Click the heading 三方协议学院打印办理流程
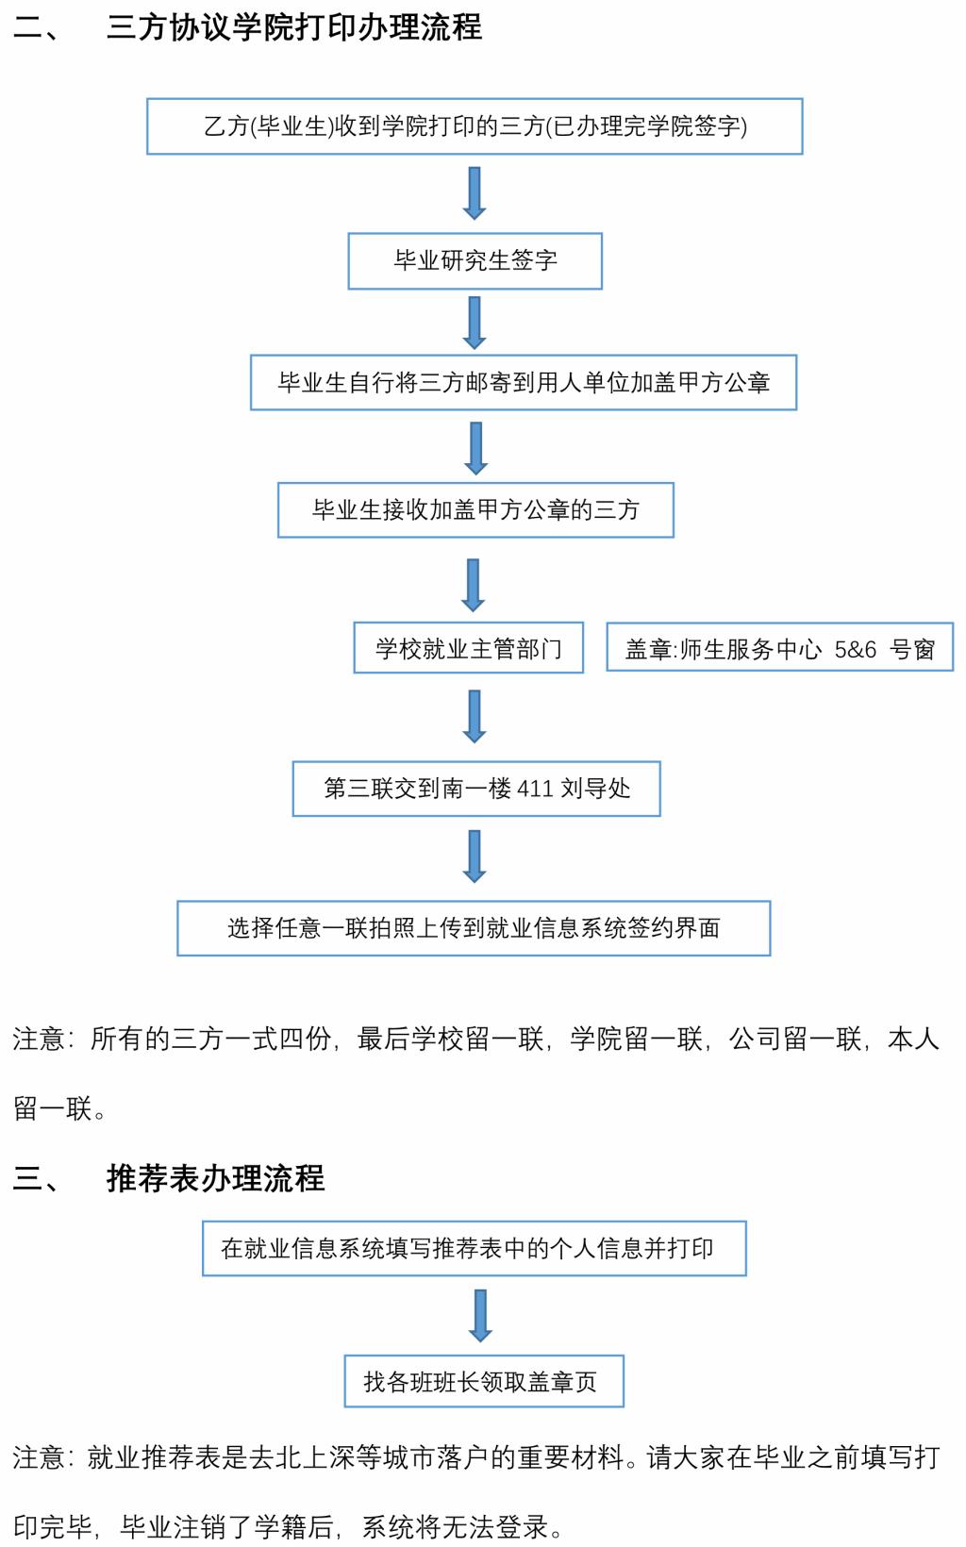tap(293, 27)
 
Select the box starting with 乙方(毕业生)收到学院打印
tap(475, 126)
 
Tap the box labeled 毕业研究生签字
tap(475, 261)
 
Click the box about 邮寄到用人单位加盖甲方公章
tap(524, 383)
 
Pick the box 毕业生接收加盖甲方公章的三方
tap(475, 510)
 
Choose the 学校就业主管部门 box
tap(468, 648)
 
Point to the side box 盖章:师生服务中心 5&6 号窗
tap(779, 648)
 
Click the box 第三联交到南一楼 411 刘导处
tap(476, 789)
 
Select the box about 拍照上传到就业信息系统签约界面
tap(474, 928)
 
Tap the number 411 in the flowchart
tap(535, 789)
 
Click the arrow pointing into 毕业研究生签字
tap(475, 193)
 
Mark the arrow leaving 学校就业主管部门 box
tap(475, 716)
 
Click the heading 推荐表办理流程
tap(215, 1178)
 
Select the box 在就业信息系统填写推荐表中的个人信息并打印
tap(474, 1249)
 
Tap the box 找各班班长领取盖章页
tap(484, 1382)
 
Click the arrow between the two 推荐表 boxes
tap(480, 1315)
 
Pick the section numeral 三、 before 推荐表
tap(36, 1178)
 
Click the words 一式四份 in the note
tap(278, 1040)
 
